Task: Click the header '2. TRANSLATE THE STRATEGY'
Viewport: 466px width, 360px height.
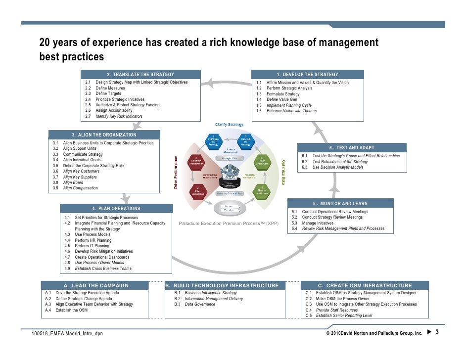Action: pos(140,74)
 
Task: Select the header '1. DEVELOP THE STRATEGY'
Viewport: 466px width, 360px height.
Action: pos(307,74)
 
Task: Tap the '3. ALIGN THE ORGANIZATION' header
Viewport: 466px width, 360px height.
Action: pos(104,135)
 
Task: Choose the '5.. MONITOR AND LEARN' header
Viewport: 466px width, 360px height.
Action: pos(340,203)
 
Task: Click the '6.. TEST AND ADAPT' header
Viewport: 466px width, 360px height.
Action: pos(352,147)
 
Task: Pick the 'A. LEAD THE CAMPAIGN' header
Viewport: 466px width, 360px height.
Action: pos(96,285)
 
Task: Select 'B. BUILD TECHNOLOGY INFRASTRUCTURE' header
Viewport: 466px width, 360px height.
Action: pos(222,285)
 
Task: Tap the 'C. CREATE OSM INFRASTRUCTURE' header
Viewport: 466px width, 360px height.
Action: pos(366,285)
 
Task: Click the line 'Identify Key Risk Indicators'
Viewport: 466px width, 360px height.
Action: pos(119,116)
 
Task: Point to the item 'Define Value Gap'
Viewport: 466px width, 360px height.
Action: pos(281,99)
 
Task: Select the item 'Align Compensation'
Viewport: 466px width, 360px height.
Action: pos(80,188)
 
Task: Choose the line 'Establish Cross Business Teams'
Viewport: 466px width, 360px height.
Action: pos(103,269)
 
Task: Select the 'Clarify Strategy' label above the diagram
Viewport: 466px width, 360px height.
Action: pos(229,124)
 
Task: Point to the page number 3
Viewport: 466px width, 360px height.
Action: pos(437,333)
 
